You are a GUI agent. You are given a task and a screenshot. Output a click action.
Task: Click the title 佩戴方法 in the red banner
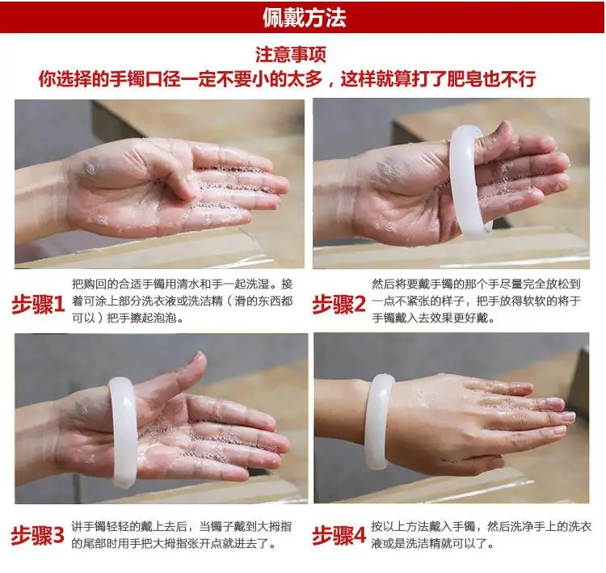pos(304,18)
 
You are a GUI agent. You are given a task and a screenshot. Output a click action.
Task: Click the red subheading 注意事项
pos(291,54)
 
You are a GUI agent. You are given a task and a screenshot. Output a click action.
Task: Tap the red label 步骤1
pos(38,305)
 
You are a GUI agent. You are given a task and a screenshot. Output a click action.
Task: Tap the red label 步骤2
pos(339,305)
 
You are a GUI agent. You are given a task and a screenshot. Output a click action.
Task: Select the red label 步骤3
pos(37,535)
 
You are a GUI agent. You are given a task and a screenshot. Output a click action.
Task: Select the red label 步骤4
pos(339,535)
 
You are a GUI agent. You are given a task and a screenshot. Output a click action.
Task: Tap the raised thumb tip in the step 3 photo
pos(200,359)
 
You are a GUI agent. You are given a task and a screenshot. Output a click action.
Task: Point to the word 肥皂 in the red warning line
pos(465,79)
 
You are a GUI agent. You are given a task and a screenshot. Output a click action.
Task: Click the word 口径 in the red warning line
pos(162,79)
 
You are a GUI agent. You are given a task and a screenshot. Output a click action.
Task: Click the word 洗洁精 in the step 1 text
pos(205,301)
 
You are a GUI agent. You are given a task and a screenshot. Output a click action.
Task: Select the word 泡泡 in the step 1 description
pos(166,318)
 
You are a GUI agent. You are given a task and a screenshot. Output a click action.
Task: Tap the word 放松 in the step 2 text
pos(557,284)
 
